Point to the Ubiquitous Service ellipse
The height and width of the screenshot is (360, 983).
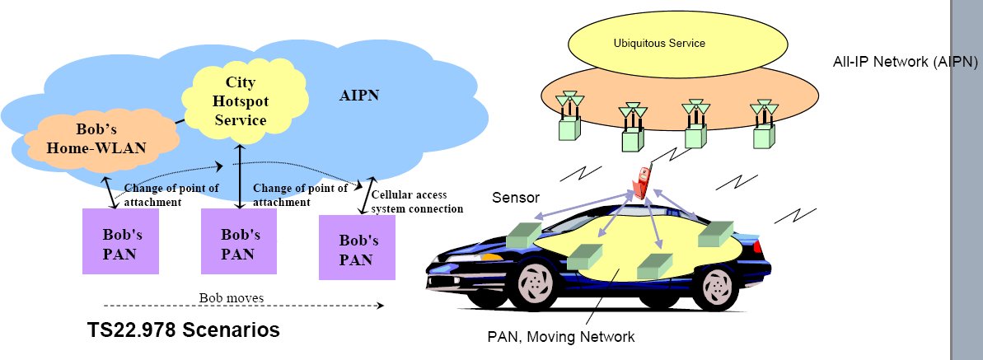658,44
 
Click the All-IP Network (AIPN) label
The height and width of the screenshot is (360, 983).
905,63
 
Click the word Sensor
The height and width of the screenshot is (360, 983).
516,198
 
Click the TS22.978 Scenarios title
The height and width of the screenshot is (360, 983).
184,330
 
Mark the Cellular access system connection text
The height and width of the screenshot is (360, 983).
417,202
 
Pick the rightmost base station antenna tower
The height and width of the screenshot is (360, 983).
763,125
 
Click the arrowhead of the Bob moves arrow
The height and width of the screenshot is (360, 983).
381,306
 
